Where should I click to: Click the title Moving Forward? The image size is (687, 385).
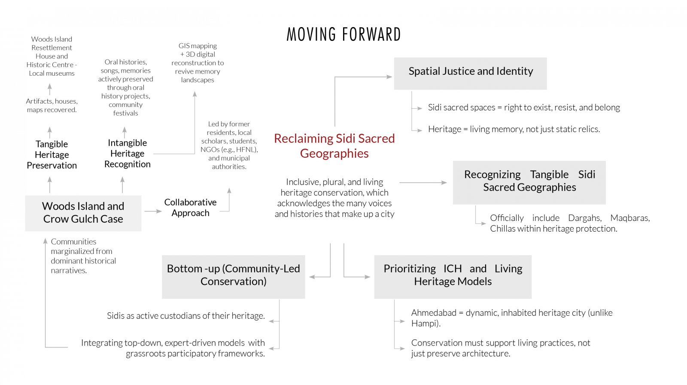click(x=343, y=34)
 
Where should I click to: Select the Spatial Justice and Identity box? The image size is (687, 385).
click(x=470, y=73)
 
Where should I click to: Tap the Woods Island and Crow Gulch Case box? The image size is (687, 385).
click(x=83, y=213)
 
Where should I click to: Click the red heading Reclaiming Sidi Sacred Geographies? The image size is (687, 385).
click(x=334, y=146)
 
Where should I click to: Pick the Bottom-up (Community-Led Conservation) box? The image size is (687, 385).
click(x=234, y=277)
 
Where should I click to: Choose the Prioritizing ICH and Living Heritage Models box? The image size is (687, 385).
click(x=453, y=277)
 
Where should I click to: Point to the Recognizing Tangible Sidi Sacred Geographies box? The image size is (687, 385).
click(x=529, y=182)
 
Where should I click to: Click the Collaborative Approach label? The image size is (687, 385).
click(x=191, y=208)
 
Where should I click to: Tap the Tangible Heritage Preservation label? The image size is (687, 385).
click(x=52, y=154)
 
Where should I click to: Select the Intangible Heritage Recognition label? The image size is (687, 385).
click(x=127, y=153)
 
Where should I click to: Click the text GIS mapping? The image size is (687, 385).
click(x=198, y=46)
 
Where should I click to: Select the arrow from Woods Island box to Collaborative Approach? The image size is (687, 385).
click(x=153, y=211)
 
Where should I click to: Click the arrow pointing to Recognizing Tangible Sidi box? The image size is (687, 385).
click(x=423, y=183)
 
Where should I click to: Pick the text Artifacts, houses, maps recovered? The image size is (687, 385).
click(x=52, y=105)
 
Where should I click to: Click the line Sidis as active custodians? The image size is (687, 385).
click(x=186, y=316)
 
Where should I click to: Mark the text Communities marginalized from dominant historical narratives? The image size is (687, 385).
click(x=83, y=256)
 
